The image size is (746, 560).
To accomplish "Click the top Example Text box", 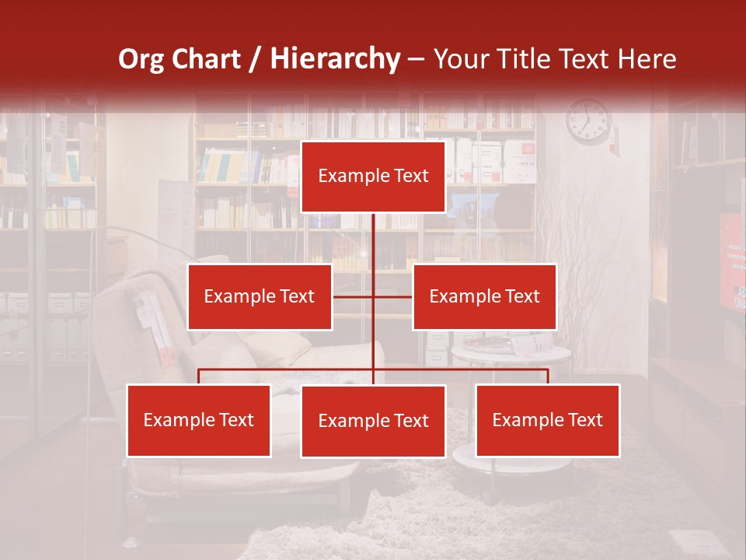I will click(373, 177).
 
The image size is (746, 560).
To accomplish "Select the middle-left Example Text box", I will click(260, 297).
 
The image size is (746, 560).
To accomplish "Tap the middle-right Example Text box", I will click(484, 297).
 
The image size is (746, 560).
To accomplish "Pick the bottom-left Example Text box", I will click(199, 421).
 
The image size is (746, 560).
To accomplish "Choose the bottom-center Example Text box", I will click(373, 422).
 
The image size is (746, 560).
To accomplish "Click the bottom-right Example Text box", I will click(547, 421).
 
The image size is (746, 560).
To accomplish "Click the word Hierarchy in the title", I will click(334, 59).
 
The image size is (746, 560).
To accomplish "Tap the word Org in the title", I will click(141, 59).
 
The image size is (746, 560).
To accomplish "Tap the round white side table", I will click(511, 354).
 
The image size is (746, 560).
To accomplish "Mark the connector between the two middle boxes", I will click(373, 297).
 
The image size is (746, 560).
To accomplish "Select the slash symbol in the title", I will click(255, 59).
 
